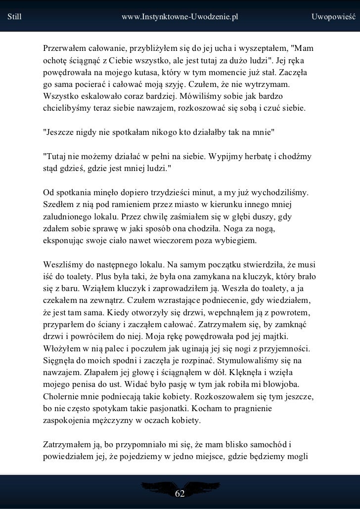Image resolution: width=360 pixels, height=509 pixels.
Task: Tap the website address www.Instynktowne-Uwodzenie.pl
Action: (180, 17)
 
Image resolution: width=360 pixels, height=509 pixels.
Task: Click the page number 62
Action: (180, 494)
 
